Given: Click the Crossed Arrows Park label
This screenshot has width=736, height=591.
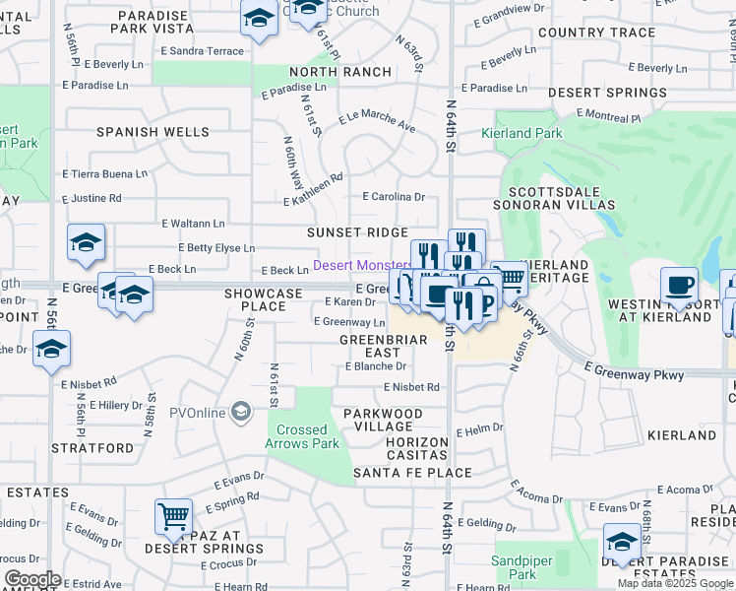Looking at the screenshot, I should (302, 436).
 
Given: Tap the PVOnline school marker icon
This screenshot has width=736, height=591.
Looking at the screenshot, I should (241, 412).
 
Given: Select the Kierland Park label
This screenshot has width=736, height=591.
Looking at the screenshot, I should (521, 133).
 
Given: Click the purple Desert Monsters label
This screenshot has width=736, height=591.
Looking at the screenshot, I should (362, 266).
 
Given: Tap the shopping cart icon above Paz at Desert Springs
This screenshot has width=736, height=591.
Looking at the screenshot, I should (173, 515).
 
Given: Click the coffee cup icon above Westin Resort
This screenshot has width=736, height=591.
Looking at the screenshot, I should (679, 286).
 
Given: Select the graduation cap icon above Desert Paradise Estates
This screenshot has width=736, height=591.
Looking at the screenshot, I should (622, 542).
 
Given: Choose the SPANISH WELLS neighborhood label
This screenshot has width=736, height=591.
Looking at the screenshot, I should (153, 132).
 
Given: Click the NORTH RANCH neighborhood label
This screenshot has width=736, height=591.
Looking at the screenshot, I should (340, 72).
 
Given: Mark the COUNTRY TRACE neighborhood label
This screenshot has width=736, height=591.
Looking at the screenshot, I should (596, 33).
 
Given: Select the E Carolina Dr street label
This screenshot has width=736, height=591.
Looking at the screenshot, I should (394, 197).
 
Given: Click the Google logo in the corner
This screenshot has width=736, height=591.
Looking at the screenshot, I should (32, 579).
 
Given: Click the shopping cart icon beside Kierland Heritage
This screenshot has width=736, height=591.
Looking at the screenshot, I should (509, 279).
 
